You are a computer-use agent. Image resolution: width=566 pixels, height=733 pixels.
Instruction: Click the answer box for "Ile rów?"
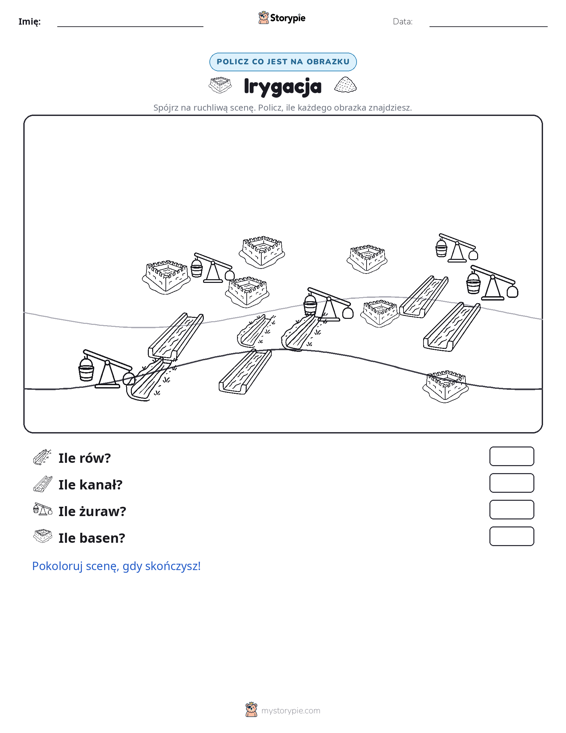[511, 456]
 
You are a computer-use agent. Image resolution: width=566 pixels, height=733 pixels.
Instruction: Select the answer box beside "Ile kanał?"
[511, 483]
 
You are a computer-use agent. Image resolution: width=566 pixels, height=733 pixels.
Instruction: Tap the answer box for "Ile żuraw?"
[511, 510]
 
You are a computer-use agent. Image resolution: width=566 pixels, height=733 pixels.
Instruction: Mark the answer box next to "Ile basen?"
[511, 536]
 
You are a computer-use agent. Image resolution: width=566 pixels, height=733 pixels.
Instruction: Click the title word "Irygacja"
[283, 86]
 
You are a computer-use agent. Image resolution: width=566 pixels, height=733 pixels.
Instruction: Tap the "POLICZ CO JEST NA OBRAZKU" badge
[283, 62]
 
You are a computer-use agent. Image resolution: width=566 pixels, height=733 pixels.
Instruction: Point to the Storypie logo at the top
[282, 18]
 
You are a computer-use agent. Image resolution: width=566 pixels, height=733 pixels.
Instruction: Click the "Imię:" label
[29, 22]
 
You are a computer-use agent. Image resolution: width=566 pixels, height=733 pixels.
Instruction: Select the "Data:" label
[402, 22]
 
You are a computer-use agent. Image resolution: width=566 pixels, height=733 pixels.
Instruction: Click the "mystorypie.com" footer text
[290, 711]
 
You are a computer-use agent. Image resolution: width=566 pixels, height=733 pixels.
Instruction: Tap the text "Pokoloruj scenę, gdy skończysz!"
[116, 566]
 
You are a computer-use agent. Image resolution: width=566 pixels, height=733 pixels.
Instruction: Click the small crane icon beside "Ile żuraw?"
[43, 510]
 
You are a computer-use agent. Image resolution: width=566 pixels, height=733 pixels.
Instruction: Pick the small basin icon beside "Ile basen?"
[43, 536]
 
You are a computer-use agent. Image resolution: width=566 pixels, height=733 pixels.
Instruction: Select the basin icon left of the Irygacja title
[220, 85]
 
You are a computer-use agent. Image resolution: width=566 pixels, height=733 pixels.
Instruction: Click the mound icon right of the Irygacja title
[345, 85]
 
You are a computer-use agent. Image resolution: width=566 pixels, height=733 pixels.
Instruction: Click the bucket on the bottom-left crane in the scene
[86, 369]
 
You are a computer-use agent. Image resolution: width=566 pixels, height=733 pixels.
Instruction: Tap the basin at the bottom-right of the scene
[445, 386]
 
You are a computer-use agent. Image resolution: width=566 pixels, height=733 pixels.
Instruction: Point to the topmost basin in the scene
[262, 251]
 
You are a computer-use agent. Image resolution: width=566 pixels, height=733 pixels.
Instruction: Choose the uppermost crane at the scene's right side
[457, 247]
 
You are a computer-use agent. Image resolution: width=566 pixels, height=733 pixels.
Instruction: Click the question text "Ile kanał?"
[90, 485]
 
